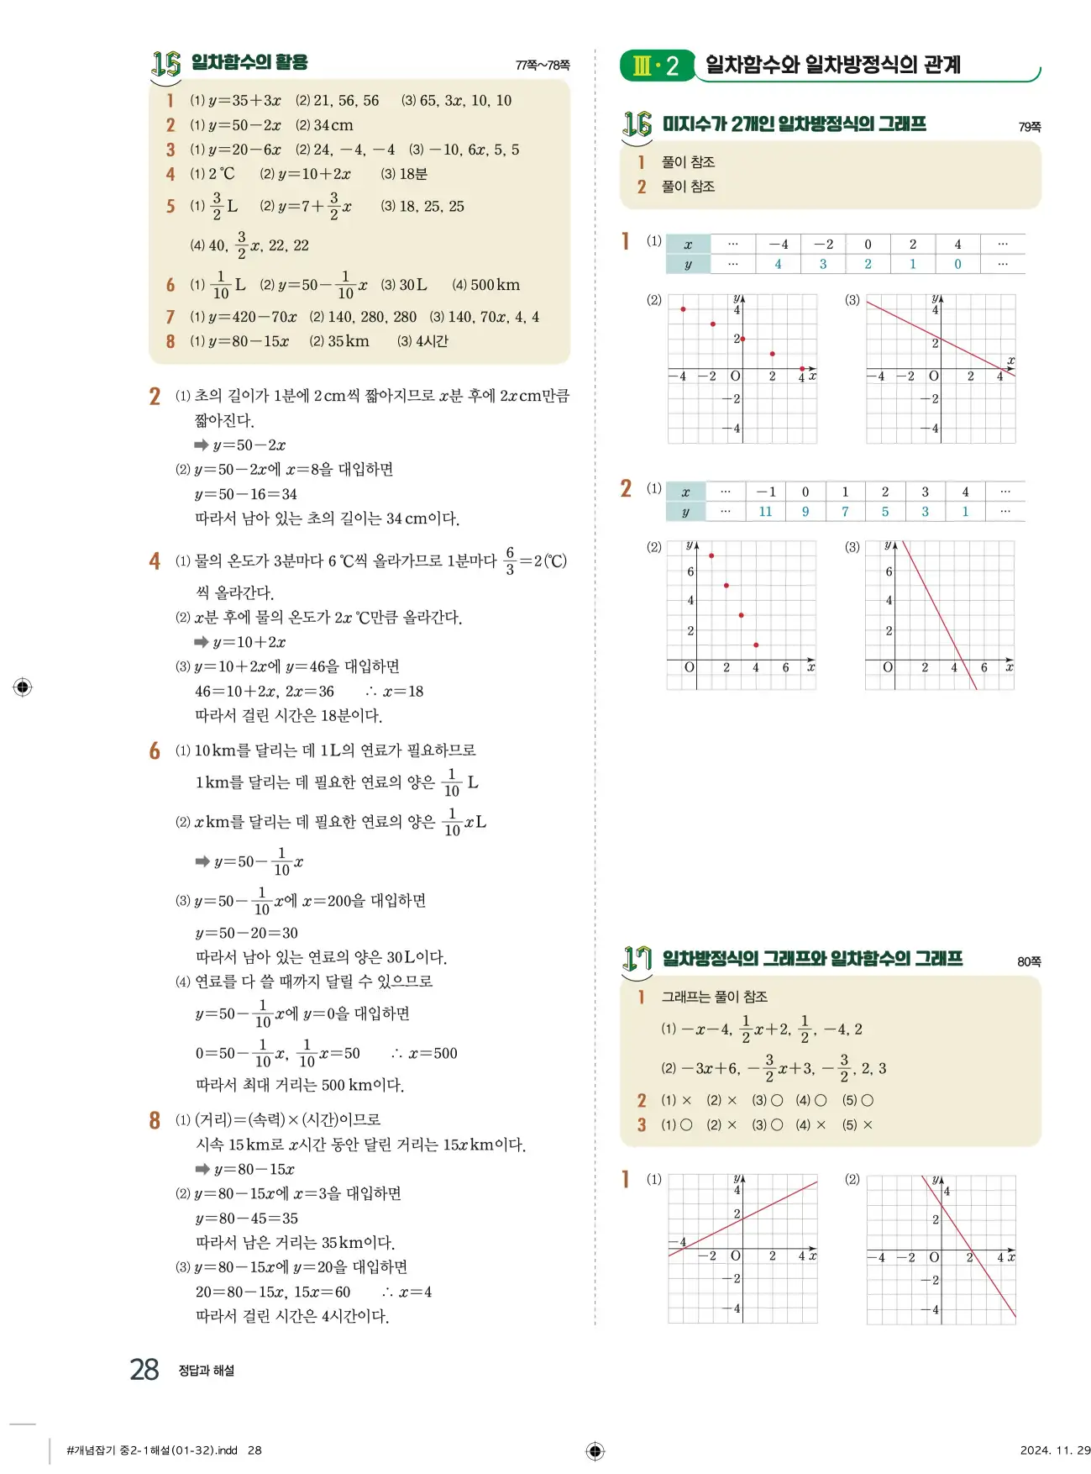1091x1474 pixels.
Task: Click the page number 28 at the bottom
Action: pos(144,1369)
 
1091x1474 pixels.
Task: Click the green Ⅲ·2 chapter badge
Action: pos(656,66)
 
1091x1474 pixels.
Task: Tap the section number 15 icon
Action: pos(166,63)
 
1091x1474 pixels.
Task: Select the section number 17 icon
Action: pos(637,959)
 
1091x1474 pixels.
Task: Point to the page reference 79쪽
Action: pos(1029,127)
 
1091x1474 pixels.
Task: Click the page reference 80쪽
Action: pos(1028,961)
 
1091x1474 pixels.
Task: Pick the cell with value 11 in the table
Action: pos(765,511)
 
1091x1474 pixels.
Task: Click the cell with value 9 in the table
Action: pos(805,511)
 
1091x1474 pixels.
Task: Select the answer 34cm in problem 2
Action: pos(333,125)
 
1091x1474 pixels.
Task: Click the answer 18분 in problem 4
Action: pos(412,174)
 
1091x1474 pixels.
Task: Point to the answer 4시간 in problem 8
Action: pos(432,341)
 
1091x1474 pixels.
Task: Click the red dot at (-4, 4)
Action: pos(683,309)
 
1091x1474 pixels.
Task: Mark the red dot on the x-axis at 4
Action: pos(802,369)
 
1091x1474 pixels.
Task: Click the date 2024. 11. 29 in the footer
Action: pos(1055,1450)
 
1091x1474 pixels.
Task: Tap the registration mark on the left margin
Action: pos(23,687)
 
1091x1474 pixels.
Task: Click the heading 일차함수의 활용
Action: pos(249,62)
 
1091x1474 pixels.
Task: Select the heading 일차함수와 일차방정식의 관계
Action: pos(832,65)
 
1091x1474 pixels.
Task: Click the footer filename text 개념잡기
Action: pos(97,1450)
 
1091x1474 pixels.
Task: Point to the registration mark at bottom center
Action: pos(595,1450)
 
